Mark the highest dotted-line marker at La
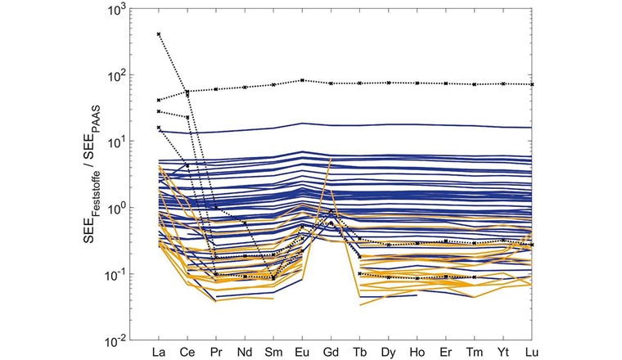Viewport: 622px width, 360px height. tap(159, 34)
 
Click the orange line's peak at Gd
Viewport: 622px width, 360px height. tap(331, 158)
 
